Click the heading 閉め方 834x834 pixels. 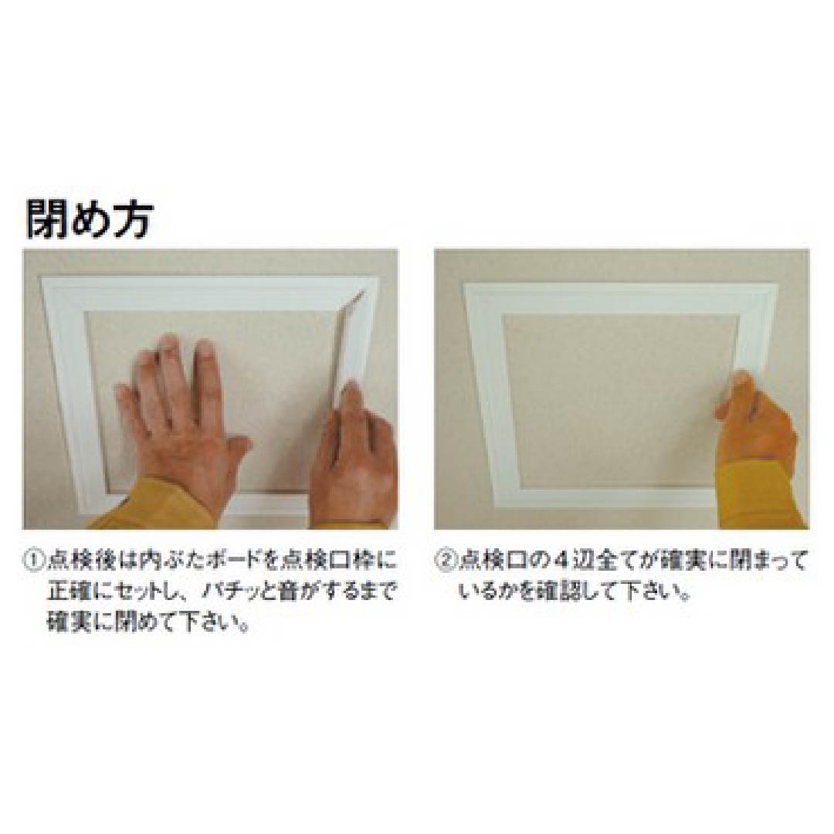[x=90, y=218]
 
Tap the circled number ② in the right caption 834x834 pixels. [x=446, y=558]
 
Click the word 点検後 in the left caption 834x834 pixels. [x=76, y=558]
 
